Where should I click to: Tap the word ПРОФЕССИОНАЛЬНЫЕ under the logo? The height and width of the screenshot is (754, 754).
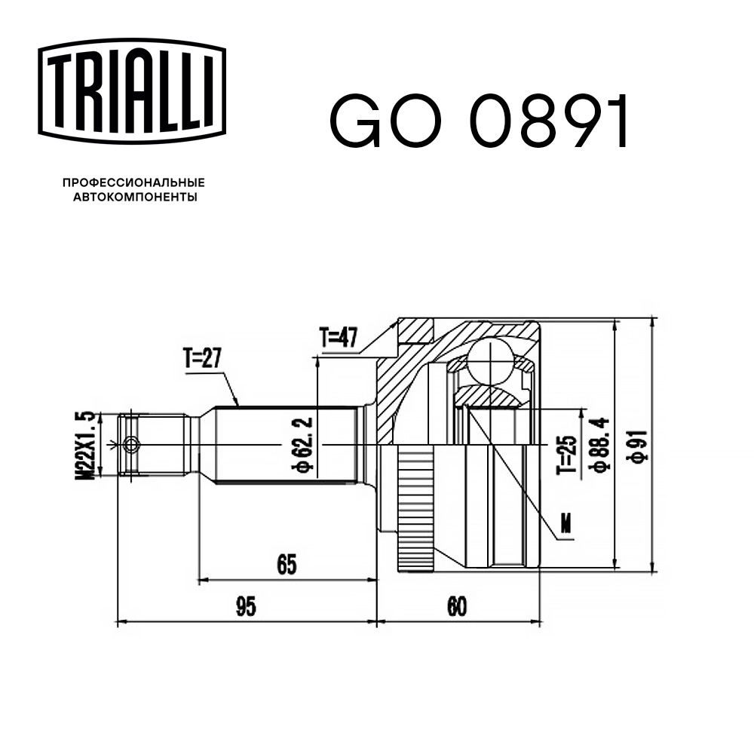133,182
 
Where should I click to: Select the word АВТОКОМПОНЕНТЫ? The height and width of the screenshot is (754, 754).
133,198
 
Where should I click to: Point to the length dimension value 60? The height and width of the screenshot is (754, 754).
456,605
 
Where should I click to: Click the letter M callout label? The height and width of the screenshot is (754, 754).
566,526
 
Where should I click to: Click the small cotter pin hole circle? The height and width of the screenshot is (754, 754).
131,445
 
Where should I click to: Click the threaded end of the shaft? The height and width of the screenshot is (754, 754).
155,445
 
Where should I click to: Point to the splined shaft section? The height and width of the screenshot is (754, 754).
287,445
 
